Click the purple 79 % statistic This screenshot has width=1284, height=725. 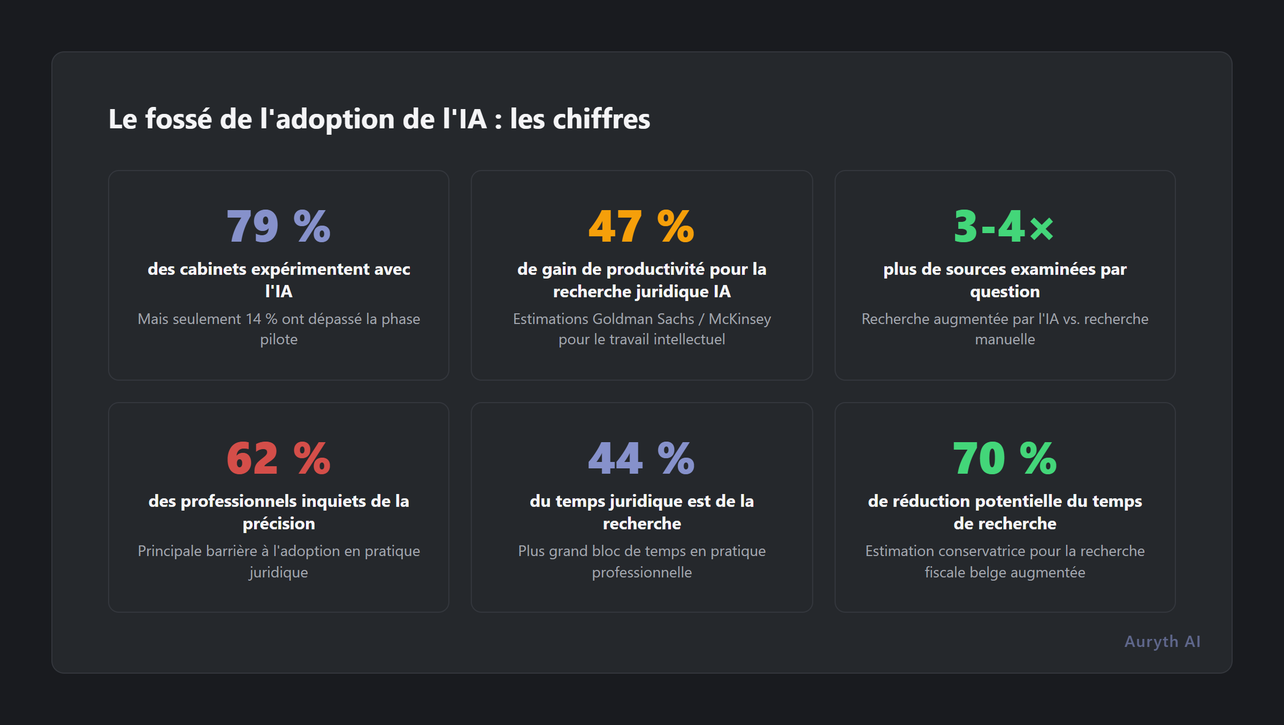pos(278,226)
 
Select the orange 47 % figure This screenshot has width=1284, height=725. pos(641,226)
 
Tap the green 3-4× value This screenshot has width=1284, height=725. pos(1004,226)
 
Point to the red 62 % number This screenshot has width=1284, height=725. pos(278,458)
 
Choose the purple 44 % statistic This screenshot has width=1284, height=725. pos(641,458)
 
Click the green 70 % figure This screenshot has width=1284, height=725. pos(1004,458)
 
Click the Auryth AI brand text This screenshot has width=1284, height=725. pos(1162,641)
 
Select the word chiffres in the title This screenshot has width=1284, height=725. pos(601,119)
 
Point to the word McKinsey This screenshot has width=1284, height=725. pos(739,319)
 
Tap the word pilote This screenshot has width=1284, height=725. pos(279,340)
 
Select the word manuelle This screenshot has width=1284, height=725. pos(1005,340)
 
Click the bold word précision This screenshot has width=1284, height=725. pos(279,523)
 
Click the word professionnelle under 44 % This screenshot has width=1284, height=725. pos(641,572)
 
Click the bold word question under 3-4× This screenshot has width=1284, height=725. pos(1005,291)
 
